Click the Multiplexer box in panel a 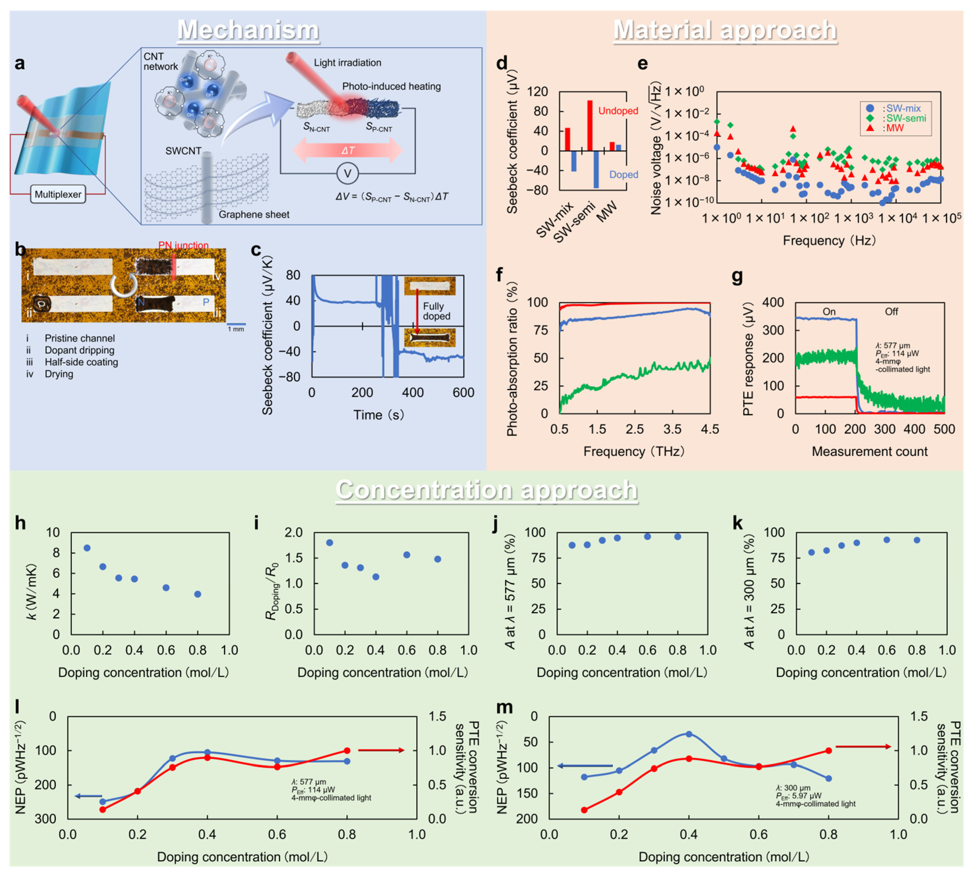pos(58,194)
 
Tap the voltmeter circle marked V pos(347,174)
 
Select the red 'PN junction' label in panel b pos(183,245)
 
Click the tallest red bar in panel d pos(590,126)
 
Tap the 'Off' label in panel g pos(891,312)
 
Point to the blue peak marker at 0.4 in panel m pos(689,734)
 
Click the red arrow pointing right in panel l pos(381,750)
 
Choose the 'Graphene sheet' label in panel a pos(254,215)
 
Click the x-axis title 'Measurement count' pos(869,452)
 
